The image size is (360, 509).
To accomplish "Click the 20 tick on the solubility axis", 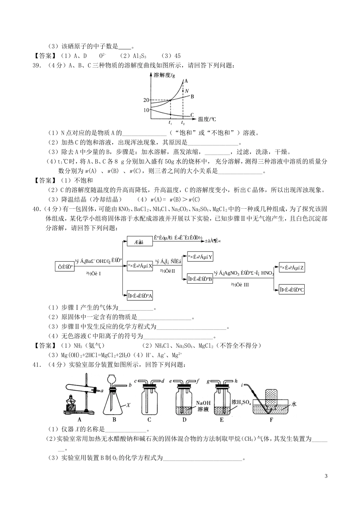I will [x=147, y=100].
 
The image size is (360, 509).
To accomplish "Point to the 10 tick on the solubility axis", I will [x=147, y=110].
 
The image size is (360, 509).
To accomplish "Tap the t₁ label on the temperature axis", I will [x=171, y=123].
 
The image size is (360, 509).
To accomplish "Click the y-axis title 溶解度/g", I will [x=164, y=75].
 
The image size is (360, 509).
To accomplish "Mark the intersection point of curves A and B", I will [x=170, y=100].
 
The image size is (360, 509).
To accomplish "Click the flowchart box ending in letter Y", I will [x=200, y=257].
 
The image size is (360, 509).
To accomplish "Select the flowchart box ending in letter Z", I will [x=292, y=268].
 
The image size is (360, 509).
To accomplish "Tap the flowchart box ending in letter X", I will [x=140, y=265].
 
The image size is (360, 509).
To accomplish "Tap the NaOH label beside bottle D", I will [x=203, y=404].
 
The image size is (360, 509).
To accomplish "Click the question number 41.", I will [x=37, y=365].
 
